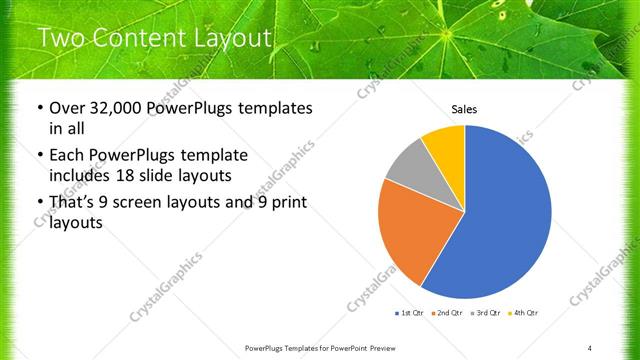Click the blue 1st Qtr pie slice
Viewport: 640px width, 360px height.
coord(505,220)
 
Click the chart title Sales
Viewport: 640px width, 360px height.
coord(465,108)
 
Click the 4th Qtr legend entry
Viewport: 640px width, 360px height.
coord(524,314)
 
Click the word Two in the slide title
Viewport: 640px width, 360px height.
coord(61,39)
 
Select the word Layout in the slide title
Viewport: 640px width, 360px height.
coord(231,39)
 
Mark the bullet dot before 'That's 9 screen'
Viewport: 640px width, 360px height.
coord(39,203)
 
